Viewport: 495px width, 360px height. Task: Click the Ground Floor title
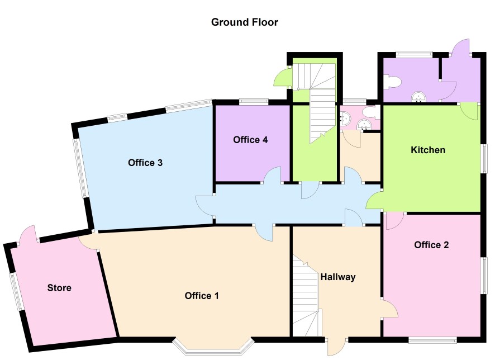click(x=244, y=22)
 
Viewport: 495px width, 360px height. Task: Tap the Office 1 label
click(x=202, y=296)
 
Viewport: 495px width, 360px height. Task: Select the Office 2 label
click(x=431, y=245)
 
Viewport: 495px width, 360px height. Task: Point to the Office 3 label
click(x=145, y=163)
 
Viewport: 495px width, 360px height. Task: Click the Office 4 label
click(x=250, y=140)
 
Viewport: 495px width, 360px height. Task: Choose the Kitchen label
click(x=428, y=150)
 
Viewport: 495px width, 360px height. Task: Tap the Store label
click(x=59, y=288)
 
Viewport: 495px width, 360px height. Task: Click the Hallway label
click(x=338, y=277)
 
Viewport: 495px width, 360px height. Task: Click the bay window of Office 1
click(x=213, y=347)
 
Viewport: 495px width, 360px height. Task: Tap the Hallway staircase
click(x=305, y=296)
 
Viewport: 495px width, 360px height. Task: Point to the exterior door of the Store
click(x=28, y=235)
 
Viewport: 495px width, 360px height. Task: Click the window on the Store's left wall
click(x=16, y=292)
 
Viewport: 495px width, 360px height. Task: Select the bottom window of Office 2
click(x=432, y=340)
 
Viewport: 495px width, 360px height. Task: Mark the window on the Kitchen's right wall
click(x=484, y=159)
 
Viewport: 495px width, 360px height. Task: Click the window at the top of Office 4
click(x=254, y=102)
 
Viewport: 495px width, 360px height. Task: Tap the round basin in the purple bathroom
click(x=419, y=97)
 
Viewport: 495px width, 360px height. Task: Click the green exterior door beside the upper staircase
click(x=282, y=77)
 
